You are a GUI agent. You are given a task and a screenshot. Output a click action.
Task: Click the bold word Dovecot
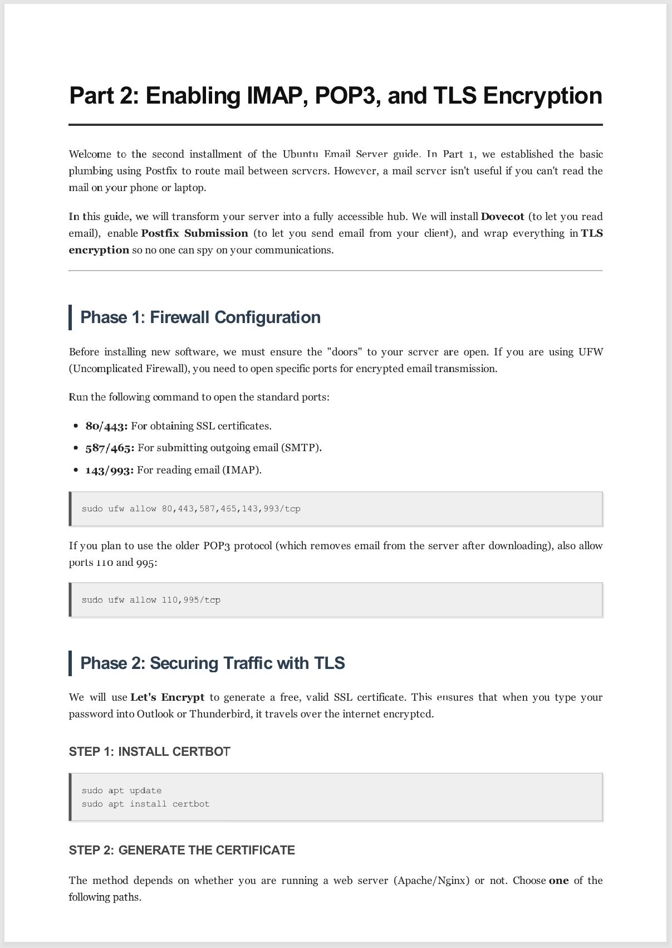pos(502,217)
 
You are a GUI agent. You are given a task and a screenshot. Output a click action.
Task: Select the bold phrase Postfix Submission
pos(194,233)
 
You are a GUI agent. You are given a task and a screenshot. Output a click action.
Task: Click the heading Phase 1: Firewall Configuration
pos(200,317)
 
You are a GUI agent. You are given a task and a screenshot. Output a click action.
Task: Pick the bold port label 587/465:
pos(110,448)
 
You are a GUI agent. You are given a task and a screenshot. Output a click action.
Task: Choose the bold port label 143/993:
pos(109,470)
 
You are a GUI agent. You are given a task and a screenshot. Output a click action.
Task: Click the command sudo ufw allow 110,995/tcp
pos(151,600)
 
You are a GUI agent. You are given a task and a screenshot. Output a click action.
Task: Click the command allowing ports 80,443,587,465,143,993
pos(191,509)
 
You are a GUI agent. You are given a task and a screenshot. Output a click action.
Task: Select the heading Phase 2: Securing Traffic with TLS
pos(213,663)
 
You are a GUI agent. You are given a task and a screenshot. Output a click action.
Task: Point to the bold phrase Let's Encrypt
pos(168,697)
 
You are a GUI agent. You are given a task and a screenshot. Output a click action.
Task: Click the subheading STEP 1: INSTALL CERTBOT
pos(149,752)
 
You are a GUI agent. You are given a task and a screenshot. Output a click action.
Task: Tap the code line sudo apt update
pos(121,791)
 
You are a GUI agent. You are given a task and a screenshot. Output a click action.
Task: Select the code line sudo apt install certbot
pos(145,804)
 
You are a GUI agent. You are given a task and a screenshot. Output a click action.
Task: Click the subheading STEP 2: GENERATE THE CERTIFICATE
pos(182,851)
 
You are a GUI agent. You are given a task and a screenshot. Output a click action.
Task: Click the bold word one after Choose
pos(558,881)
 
